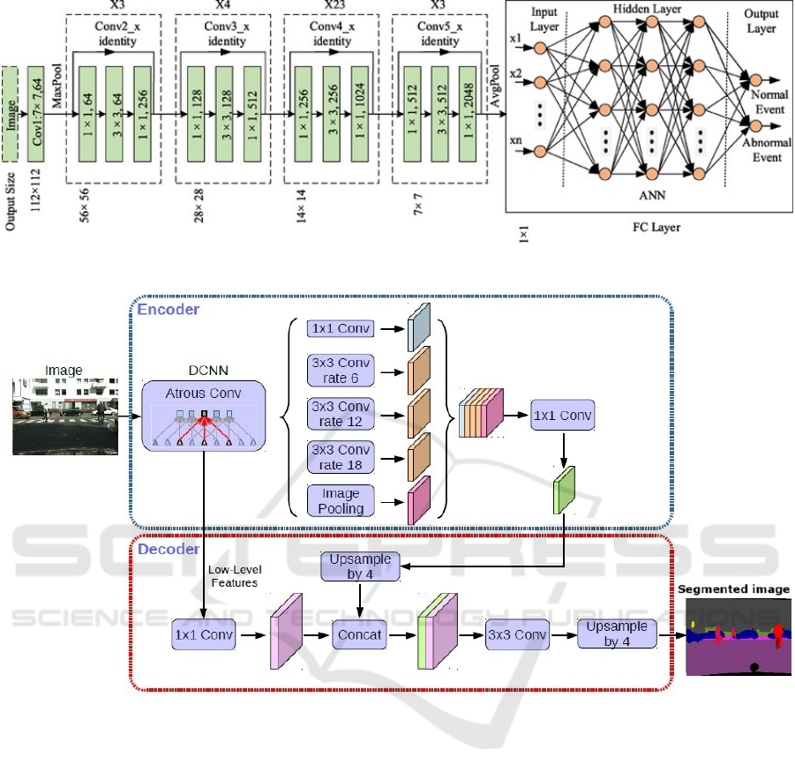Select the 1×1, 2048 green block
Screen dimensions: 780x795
[468, 115]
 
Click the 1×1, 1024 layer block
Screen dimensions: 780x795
[359, 115]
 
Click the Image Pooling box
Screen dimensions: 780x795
[340, 499]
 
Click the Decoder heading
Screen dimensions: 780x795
[168, 550]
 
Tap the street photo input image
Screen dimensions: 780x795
[64, 416]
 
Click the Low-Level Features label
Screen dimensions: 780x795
[235, 575]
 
